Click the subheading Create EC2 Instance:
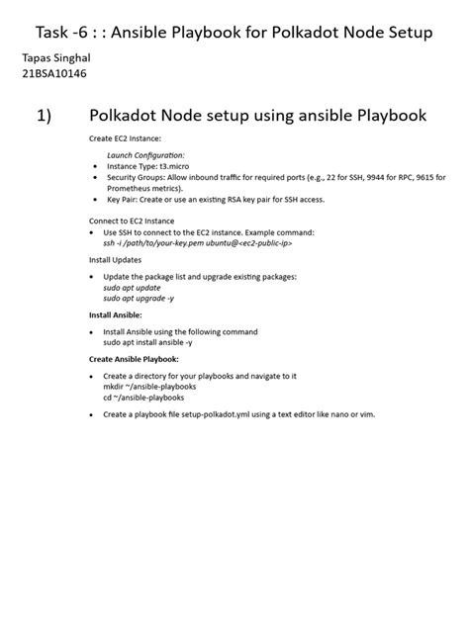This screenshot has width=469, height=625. coord(125,140)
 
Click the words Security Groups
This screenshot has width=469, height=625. coord(135,177)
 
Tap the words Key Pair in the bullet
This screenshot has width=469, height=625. coord(123,199)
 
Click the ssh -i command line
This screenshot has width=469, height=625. coord(197,242)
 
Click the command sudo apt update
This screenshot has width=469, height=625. coord(132,287)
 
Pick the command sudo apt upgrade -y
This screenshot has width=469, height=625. coord(139,298)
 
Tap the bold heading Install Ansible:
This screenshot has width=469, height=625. coord(116,315)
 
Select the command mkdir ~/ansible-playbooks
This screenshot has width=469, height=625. coord(149,387)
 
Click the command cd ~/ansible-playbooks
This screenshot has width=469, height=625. coord(143,398)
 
